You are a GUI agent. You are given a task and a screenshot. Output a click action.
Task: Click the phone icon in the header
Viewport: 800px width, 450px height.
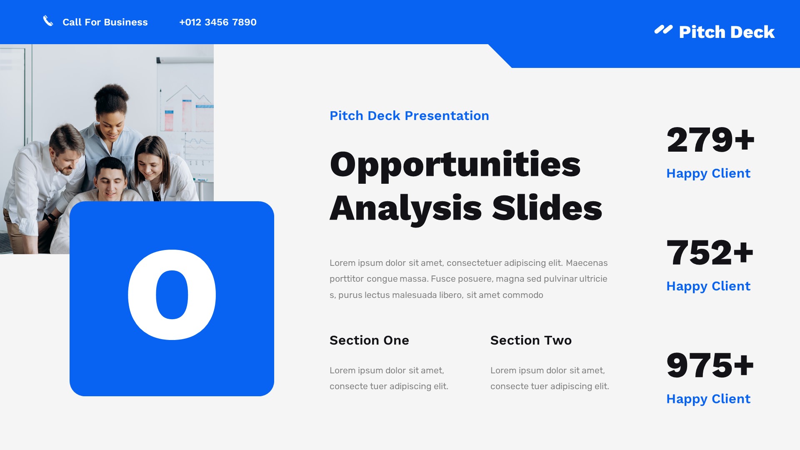point(48,21)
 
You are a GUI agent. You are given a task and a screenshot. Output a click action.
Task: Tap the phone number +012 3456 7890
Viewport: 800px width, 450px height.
point(217,22)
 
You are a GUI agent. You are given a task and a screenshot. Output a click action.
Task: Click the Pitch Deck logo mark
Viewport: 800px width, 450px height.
point(663,30)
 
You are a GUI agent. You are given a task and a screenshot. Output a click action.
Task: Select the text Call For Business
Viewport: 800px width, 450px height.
point(105,22)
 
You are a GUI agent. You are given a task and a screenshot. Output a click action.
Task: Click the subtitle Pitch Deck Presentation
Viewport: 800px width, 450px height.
point(409,115)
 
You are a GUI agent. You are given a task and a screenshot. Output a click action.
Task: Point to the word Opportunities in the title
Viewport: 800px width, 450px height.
point(455,165)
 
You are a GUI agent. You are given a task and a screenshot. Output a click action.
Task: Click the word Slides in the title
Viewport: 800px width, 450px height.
point(547,208)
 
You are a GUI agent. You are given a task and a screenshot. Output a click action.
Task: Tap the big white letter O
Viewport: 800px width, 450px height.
point(172,295)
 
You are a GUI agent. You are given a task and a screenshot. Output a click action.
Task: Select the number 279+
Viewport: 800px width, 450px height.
point(710,140)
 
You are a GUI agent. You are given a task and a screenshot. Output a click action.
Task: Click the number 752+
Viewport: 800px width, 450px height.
point(710,252)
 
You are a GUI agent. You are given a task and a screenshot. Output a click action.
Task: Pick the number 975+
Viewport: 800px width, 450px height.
point(710,365)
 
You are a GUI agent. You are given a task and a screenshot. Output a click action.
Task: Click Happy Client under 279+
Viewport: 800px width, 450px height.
point(708,173)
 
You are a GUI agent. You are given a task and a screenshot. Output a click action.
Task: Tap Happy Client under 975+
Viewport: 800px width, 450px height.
point(708,399)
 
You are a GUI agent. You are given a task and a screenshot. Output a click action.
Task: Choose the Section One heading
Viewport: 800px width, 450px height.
point(369,340)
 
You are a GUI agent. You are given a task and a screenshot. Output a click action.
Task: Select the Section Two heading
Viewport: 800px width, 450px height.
point(530,340)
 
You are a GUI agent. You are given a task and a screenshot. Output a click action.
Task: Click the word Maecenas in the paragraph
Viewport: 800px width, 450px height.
point(586,263)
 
